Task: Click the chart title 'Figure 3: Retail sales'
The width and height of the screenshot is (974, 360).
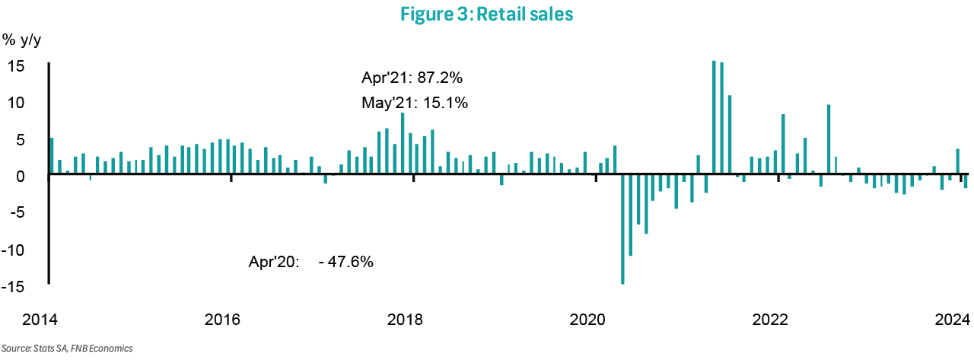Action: [487, 14]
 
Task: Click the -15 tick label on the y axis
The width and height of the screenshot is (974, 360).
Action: [16, 286]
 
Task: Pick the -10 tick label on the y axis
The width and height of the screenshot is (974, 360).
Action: [16, 250]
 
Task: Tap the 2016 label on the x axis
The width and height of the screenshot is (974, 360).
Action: [223, 318]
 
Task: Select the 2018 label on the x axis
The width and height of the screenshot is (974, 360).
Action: [406, 318]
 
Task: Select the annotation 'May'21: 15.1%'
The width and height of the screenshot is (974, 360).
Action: [414, 101]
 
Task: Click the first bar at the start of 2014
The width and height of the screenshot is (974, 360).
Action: [52, 157]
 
